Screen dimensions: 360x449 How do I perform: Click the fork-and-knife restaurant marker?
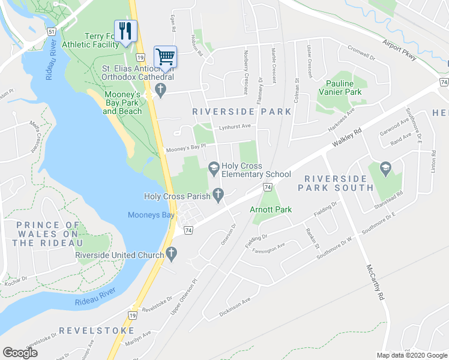point(125,31)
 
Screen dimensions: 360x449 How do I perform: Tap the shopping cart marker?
point(165,57)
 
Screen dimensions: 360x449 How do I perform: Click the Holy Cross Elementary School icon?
point(213,166)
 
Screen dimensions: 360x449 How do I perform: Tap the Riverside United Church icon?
point(172,255)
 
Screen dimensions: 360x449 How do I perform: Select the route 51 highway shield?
point(52,31)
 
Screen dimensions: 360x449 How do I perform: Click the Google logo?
point(20,352)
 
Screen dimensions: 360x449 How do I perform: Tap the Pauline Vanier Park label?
point(344,88)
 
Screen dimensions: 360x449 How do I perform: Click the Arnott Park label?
point(271,210)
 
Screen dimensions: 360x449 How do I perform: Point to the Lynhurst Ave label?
point(234,127)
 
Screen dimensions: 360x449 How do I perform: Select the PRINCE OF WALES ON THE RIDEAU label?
point(45,234)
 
